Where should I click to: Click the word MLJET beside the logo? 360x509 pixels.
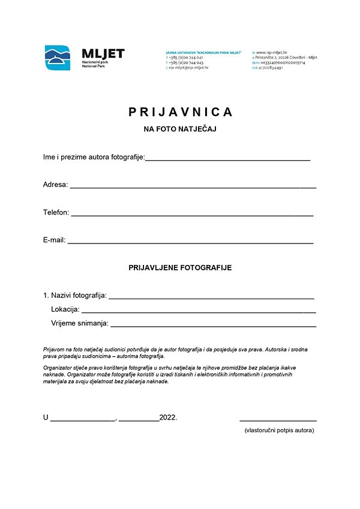(x=103, y=54)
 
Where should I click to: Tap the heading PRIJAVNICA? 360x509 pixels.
(x=180, y=112)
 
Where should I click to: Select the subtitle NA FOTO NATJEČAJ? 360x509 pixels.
(x=179, y=129)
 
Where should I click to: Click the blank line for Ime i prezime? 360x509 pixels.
(x=228, y=159)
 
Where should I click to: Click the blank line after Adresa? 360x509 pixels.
(x=193, y=187)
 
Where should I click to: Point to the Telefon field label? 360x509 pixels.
(x=56, y=212)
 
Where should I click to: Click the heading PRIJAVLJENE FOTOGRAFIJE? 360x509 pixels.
(x=180, y=268)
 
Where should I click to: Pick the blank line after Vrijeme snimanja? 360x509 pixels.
(x=213, y=326)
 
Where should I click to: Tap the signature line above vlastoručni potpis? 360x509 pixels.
(x=278, y=421)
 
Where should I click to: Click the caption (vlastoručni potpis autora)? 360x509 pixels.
(x=279, y=430)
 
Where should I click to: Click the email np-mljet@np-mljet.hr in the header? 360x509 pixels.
(x=188, y=68)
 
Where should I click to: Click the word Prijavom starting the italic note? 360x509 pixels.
(x=55, y=349)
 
